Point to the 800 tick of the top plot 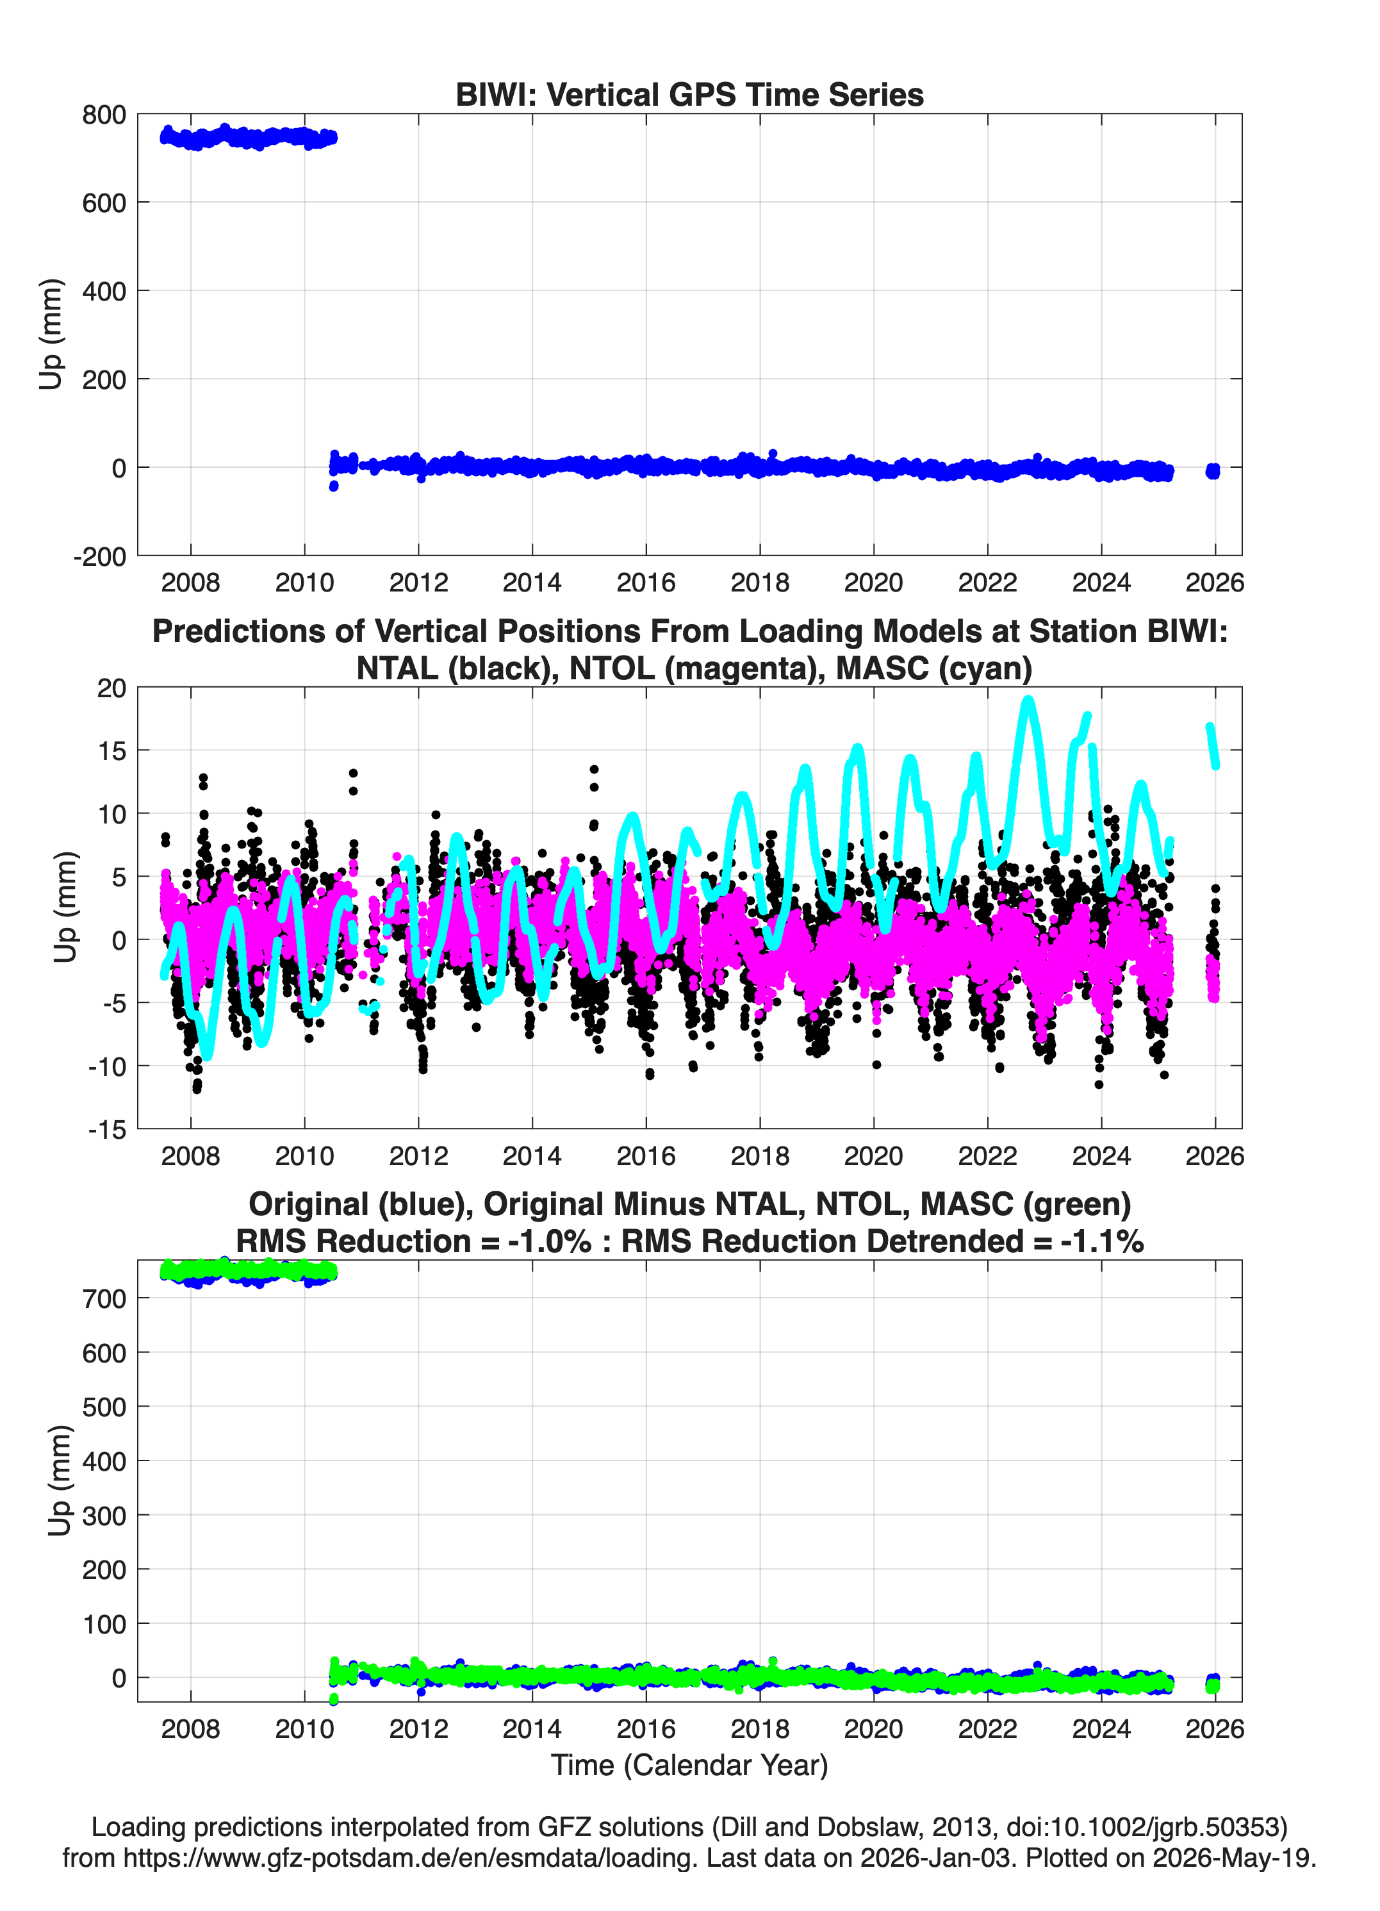[104, 115]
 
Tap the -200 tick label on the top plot [99, 557]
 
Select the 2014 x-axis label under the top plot [532, 583]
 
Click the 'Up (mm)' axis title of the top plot [51, 334]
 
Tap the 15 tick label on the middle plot [112, 751]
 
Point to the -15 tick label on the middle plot [107, 1130]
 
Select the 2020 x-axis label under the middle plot [874, 1155]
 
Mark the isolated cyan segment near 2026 [1212, 746]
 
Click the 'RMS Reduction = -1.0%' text [414, 1241]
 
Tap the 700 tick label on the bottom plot [104, 1298]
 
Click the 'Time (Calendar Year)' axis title [689, 1766]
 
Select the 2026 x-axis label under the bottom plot [1215, 1728]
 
